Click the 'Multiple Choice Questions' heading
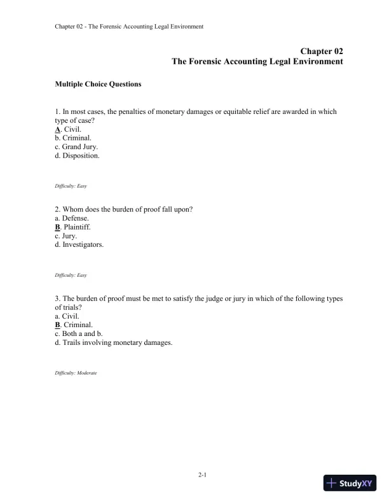pyautogui.click(x=98, y=84)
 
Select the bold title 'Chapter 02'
pyautogui.click(x=322, y=50)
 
